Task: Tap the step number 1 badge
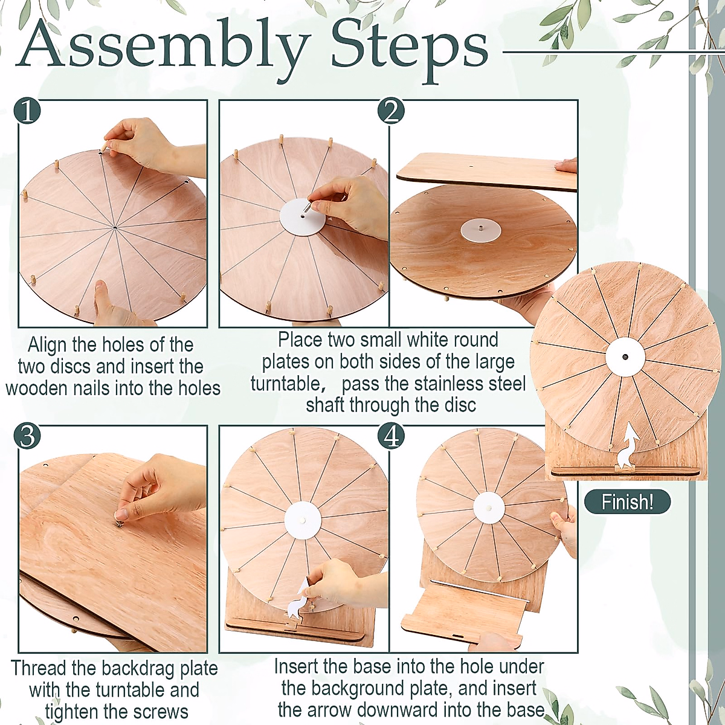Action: tap(27, 111)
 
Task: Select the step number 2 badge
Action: tap(391, 112)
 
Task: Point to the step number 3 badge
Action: tap(27, 436)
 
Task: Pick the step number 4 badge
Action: tap(391, 436)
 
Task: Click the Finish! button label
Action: tap(627, 502)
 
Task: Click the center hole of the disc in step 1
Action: tap(115, 227)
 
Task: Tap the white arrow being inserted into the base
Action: tap(297, 601)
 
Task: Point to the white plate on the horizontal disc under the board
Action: tap(480, 229)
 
